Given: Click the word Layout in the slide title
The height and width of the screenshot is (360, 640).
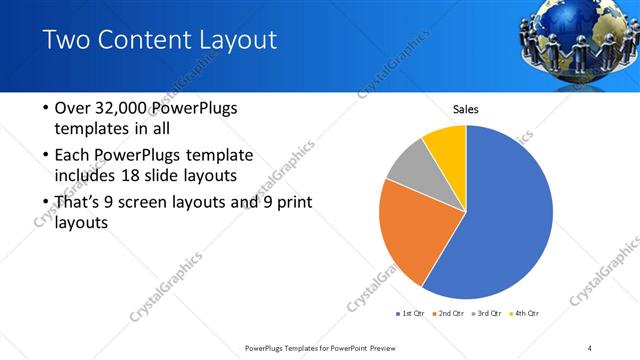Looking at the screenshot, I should coord(234,41).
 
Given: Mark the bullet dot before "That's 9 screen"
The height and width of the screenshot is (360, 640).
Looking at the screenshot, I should coord(46,203).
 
